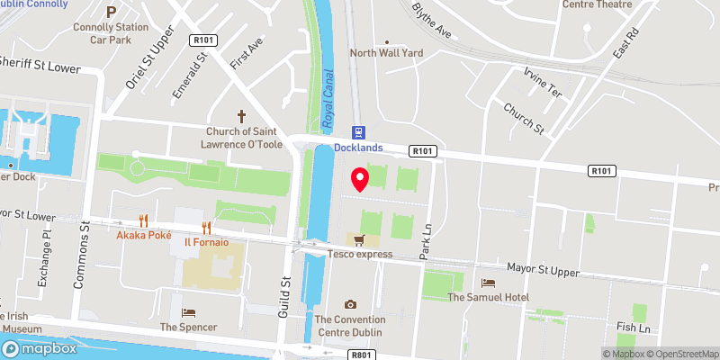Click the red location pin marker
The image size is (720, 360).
coord(359,179)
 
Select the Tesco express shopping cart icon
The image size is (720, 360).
coord(359,240)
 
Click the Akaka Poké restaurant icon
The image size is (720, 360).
coord(143,220)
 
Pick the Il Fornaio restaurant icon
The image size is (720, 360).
coord(207,228)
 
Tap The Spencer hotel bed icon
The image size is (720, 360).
coord(188,312)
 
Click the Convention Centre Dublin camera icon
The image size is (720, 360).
coord(350,305)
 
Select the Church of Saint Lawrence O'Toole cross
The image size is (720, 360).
coord(241,116)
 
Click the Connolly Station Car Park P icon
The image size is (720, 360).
coord(111,12)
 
